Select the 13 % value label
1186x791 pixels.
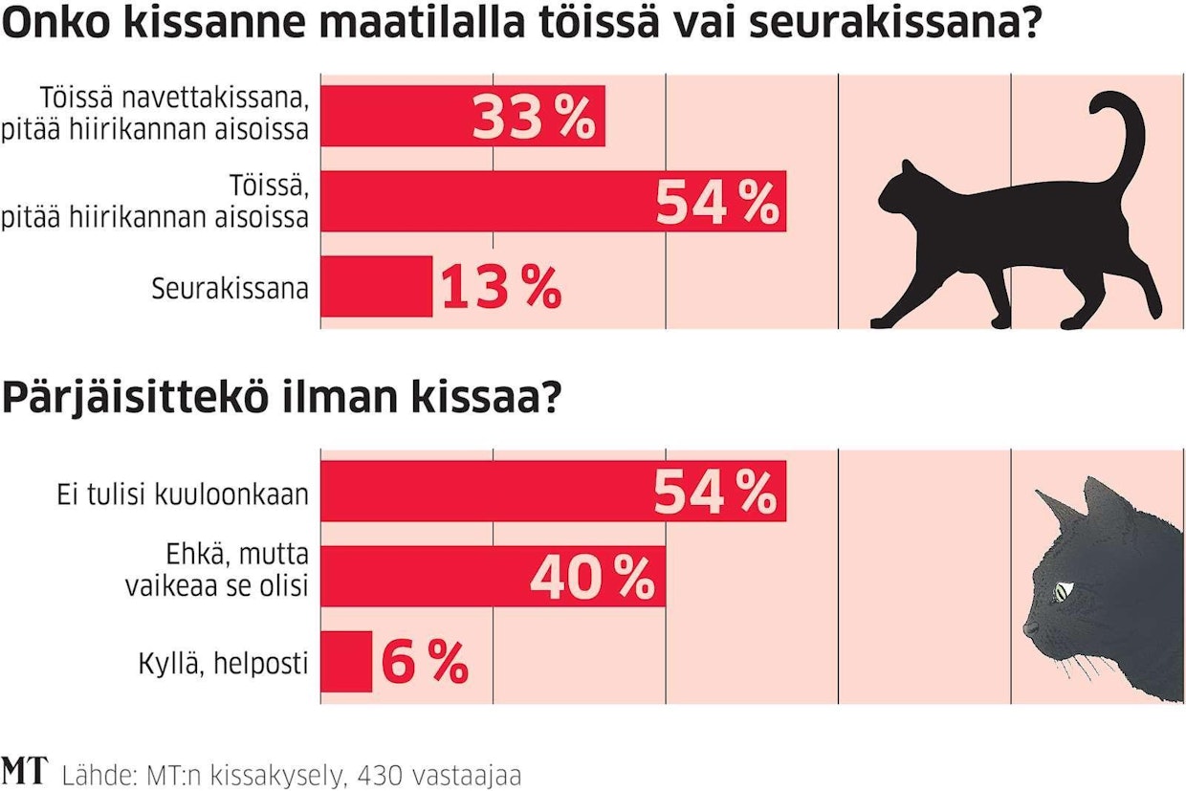pyautogui.click(x=500, y=288)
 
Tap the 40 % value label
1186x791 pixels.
pyautogui.click(x=592, y=577)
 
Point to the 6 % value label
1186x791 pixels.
pyautogui.click(x=425, y=661)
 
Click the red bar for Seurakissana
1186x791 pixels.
pyautogui.click(x=376, y=287)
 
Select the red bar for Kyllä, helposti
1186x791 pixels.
pyautogui.click(x=345, y=661)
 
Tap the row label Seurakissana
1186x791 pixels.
pyautogui.click(x=230, y=288)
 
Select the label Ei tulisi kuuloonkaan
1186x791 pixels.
pyautogui.click(x=182, y=494)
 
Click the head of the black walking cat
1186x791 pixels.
pyautogui.click(x=903, y=194)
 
